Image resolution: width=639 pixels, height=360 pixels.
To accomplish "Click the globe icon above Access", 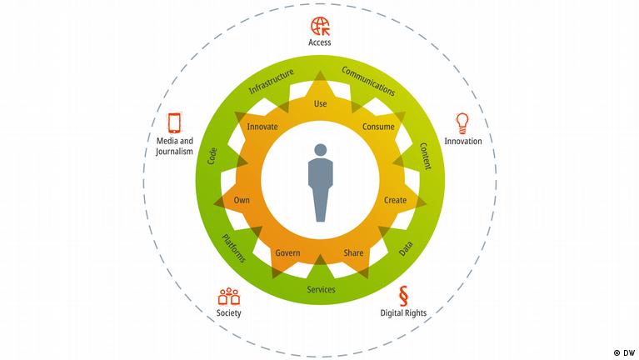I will (320, 24).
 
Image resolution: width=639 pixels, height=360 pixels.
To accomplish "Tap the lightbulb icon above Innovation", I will (462, 122).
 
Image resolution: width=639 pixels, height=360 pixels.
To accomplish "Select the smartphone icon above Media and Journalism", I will (175, 123).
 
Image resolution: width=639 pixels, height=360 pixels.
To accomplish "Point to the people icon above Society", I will (228, 295).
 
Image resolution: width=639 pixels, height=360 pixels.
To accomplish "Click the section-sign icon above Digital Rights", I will (403, 294).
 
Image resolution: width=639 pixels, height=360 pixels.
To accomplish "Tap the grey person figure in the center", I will (319, 182).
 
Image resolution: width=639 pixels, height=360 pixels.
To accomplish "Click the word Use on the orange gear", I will (320, 104).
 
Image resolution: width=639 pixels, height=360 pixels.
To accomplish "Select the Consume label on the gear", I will (377, 127).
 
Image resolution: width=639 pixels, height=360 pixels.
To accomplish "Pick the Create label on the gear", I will (394, 200).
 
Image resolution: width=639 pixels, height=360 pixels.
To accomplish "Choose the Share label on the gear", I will (354, 252).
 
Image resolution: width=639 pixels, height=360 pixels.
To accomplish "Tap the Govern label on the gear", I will (287, 252).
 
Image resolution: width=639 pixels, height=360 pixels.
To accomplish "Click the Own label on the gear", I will (242, 200).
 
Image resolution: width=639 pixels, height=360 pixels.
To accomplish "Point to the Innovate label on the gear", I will (262, 127).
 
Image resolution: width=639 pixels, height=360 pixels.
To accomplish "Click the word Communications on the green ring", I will (368, 79).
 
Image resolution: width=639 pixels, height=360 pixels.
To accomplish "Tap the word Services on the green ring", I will (320, 289).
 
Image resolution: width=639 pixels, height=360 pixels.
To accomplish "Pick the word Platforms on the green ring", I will (233, 248).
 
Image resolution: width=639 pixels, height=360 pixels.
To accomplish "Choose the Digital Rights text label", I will (403, 313).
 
